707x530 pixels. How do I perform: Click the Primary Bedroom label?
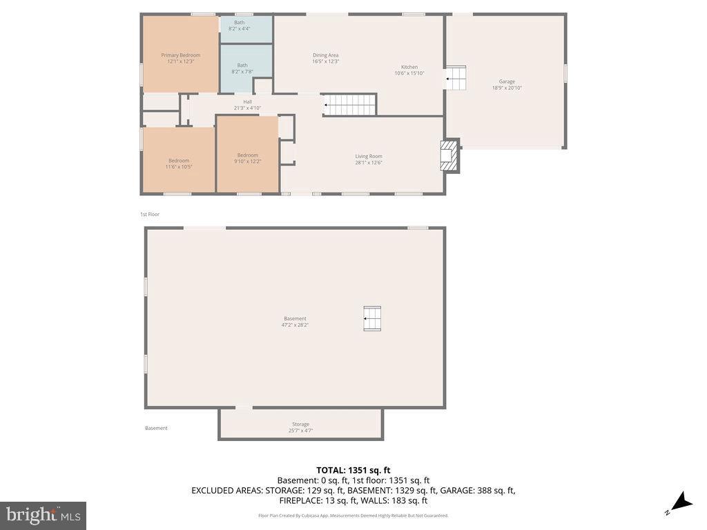pos(181,58)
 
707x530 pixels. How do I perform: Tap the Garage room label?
pos(503,84)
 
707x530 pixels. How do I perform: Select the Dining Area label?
pos(325,58)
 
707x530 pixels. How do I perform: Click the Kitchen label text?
pos(409,70)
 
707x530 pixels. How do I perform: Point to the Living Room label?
pos(369,159)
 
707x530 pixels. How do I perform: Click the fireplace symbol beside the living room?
pos(449,157)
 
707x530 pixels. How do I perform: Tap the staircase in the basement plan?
pos(372,319)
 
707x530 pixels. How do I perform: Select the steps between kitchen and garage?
pos(456,78)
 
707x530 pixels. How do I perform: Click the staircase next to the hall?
pos(350,105)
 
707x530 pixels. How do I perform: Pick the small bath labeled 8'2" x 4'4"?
pos(239,25)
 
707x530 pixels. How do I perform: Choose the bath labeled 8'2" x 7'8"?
pos(242,68)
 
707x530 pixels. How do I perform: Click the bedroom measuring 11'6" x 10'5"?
pos(179,164)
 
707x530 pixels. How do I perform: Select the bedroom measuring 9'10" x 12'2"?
pos(247,158)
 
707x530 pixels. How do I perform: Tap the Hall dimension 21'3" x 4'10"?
pos(247,108)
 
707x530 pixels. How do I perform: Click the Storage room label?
pos(300,427)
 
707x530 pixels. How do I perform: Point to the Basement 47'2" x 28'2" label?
pos(295,322)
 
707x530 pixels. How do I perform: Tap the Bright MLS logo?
pos(43,515)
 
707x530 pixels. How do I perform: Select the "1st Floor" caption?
pos(150,215)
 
